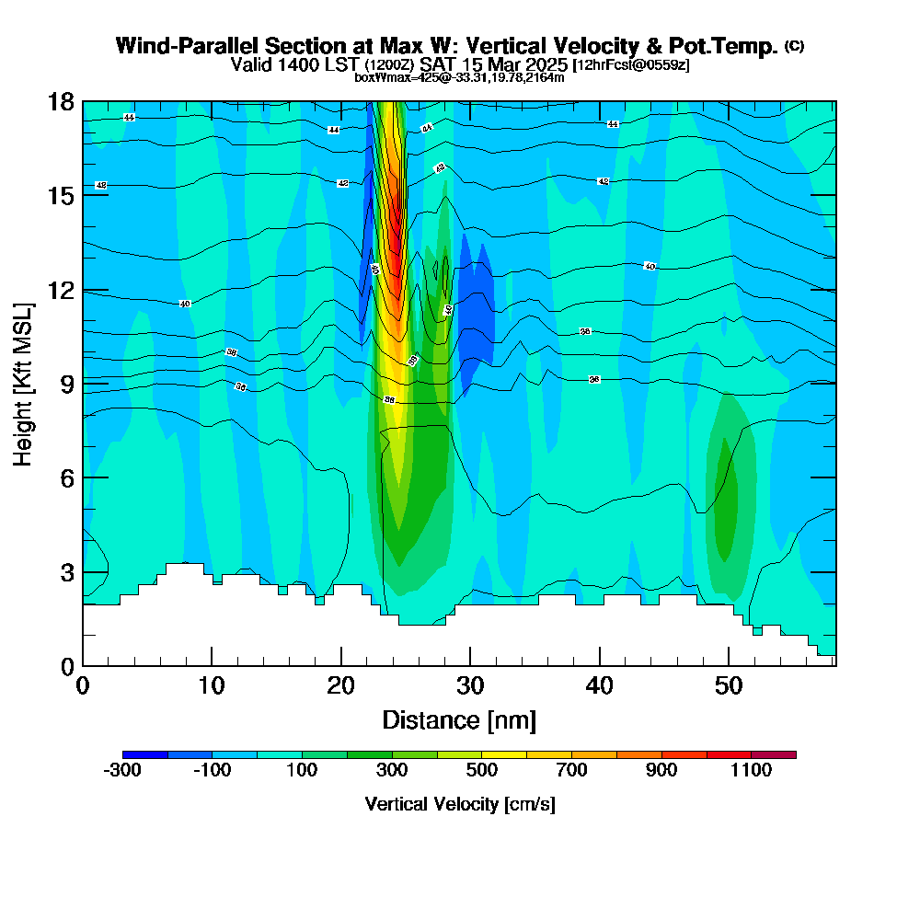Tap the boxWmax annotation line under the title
click(x=459, y=77)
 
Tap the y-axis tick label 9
click(x=65, y=384)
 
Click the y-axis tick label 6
click(x=65, y=477)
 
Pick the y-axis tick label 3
click(x=65, y=571)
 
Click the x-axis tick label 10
click(x=212, y=686)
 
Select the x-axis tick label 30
click(x=470, y=686)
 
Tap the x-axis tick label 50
click(x=729, y=686)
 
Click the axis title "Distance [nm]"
click(x=459, y=719)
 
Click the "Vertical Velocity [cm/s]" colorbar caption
click(x=459, y=804)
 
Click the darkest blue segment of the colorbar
click(x=145, y=754)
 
